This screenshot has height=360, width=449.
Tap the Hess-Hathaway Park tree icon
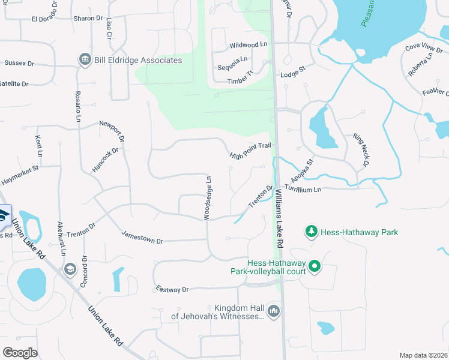[311, 231]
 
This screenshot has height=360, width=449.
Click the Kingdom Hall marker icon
[274, 311]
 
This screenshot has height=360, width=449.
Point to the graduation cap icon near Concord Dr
[70, 269]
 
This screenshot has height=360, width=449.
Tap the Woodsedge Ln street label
[208, 198]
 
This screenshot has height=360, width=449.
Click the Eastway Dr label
[172, 289]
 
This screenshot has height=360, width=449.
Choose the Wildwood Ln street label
[248, 45]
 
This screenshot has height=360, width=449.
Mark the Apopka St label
[302, 171]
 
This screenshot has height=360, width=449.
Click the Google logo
[20, 353]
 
